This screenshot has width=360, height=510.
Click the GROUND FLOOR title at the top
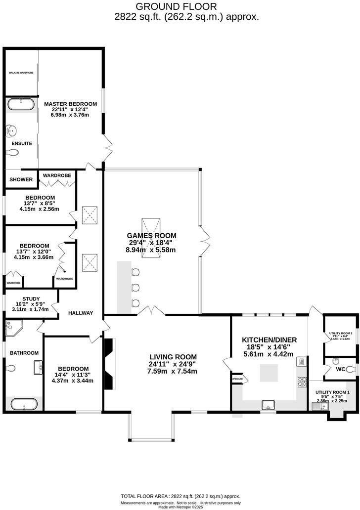(x=176, y=6)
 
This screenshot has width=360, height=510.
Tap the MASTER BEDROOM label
(x=70, y=104)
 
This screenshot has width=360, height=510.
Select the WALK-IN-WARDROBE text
(x=21, y=73)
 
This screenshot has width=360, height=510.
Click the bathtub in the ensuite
(x=21, y=104)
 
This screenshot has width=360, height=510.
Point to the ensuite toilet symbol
(x=13, y=153)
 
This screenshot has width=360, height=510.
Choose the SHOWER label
(x=22, y=180)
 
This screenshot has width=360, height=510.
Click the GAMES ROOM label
(x=151, y=236)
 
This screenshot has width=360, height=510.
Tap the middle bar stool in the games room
(x=136, y=287)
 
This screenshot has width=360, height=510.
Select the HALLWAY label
(x=81, y=313)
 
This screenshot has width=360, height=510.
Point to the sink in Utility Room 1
(x=317, y=406)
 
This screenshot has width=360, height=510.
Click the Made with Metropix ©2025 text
(x=180, y=507)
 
